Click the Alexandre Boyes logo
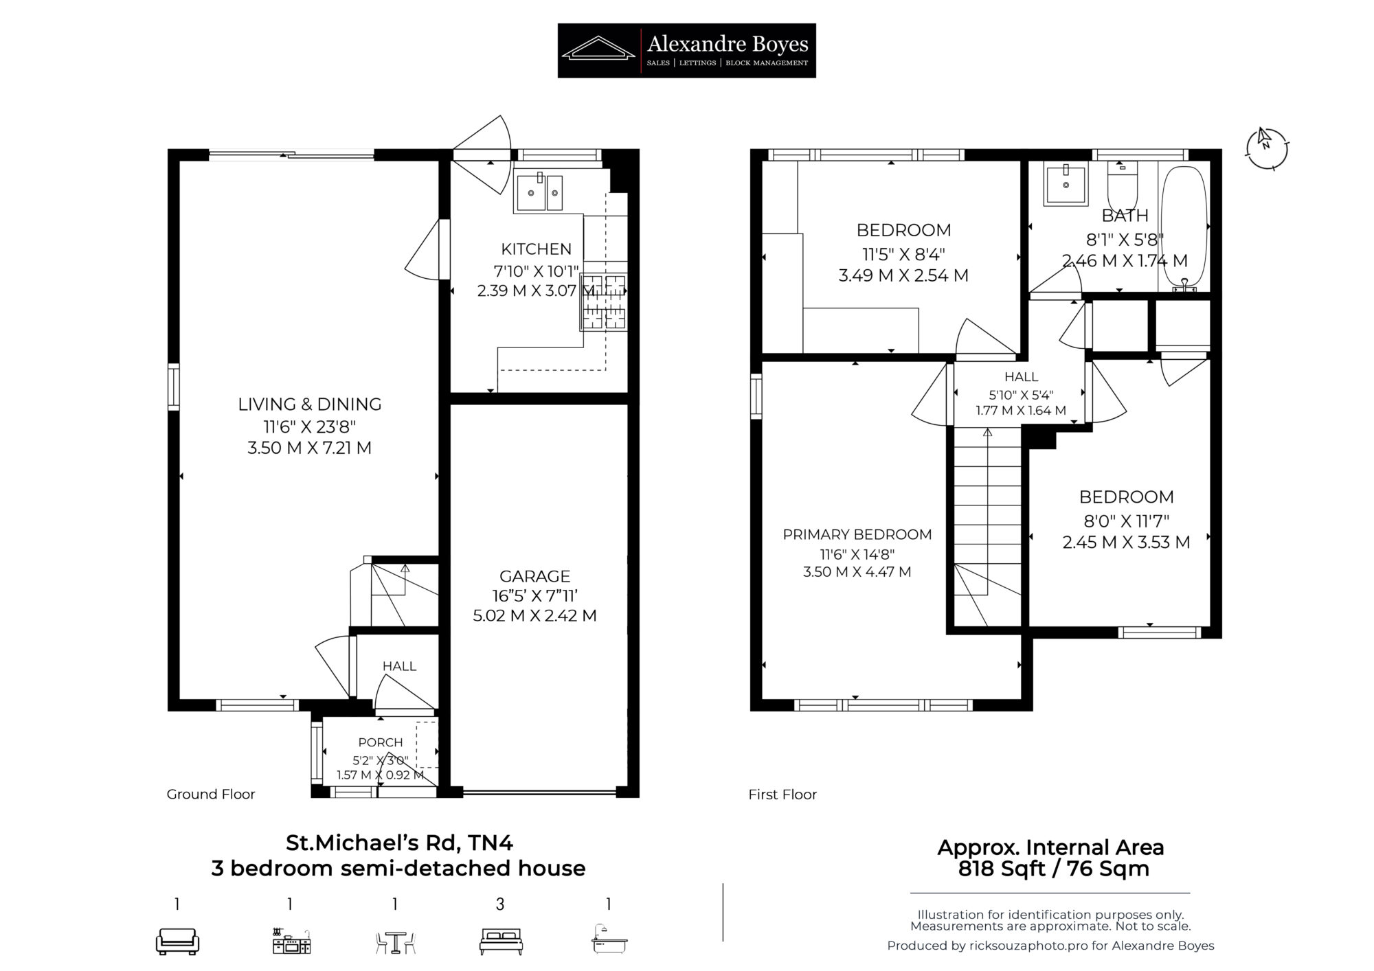point(686,50)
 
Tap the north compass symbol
point(1267,148)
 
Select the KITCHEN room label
point(536,249)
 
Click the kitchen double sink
point(539,192)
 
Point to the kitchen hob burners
point(604,301)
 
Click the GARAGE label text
point(534,575)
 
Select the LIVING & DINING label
point(309,404)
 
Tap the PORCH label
point(381,742)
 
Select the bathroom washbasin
point(1066,183)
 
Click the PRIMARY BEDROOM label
point(857,534)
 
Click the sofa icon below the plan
point(177,941)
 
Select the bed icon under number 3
point(501,941)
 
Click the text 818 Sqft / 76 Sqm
point(1053,869)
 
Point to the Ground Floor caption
point(211,794)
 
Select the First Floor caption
point(782,795)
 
